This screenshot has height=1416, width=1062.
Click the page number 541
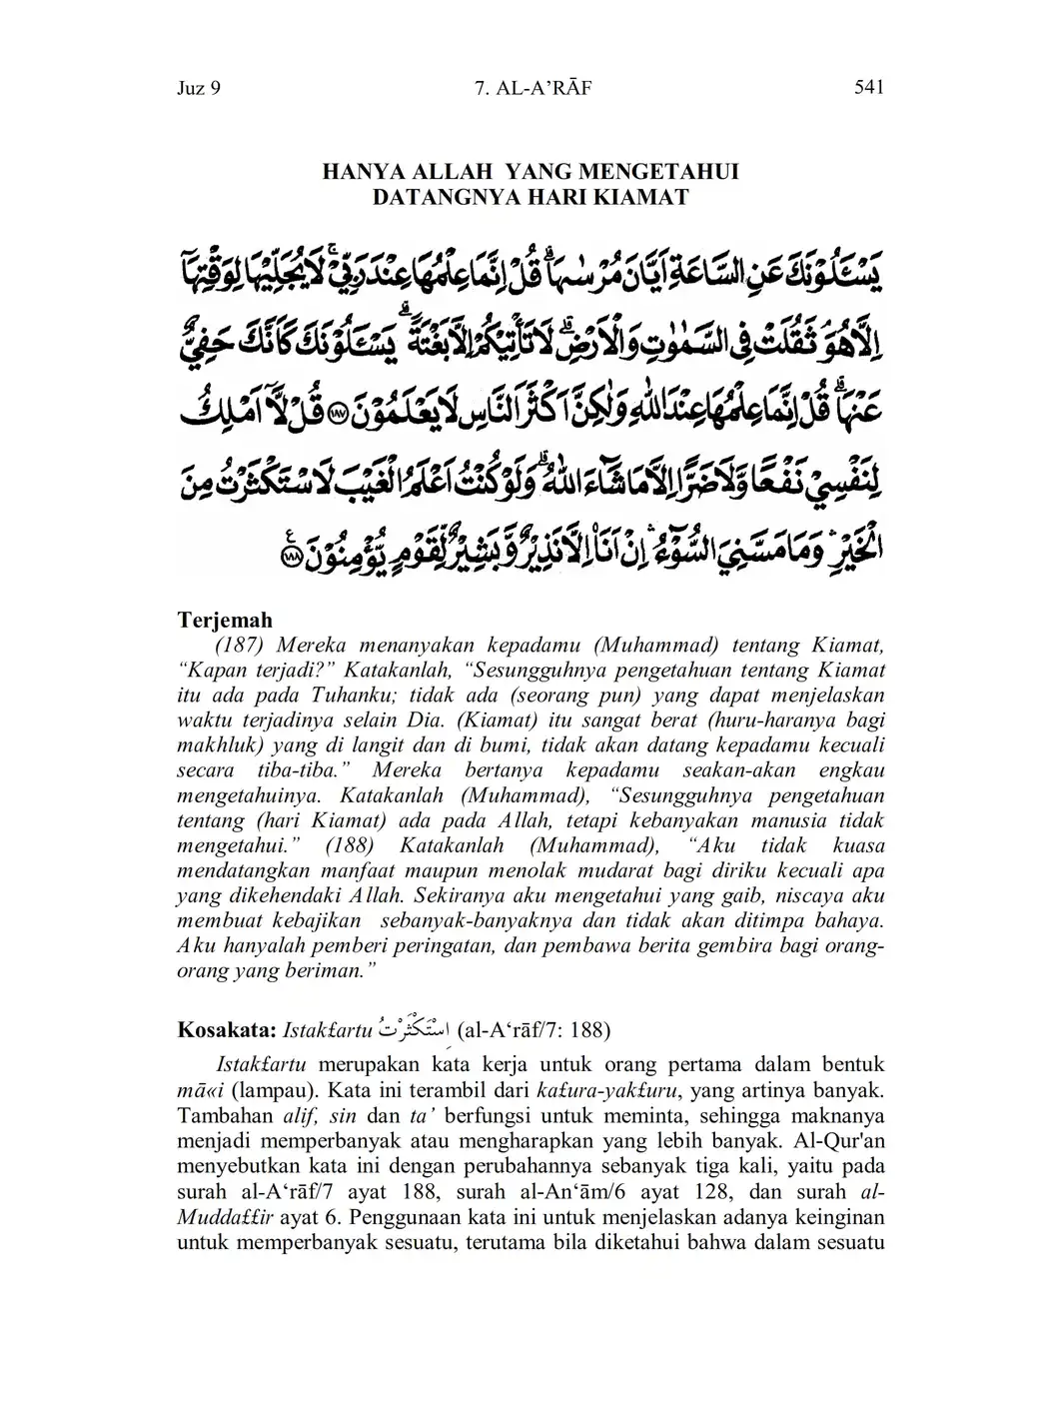click(869, 88)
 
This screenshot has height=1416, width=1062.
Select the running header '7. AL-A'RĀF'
click(534, 89)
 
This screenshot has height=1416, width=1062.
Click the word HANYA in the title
click(363, 172)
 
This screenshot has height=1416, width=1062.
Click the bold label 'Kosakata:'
click(227, 1029)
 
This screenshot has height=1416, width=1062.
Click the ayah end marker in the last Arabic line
click(291, 558)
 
